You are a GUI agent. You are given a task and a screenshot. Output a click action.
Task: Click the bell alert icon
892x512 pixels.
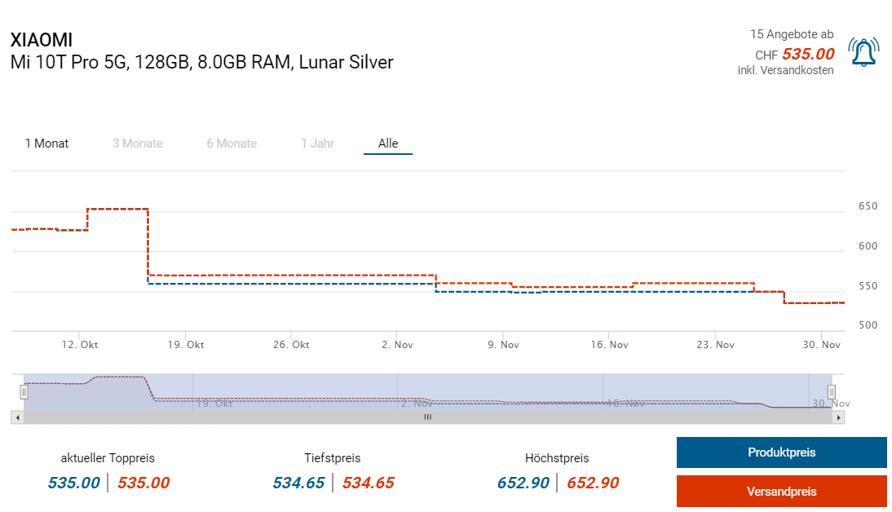pos(863,52)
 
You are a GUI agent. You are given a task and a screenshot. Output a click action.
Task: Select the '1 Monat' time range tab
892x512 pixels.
pos(46,143)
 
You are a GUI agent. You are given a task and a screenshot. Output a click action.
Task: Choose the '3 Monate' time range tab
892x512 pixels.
pos(137,143)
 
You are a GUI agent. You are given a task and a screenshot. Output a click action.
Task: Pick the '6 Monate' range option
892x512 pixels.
pos(232,143)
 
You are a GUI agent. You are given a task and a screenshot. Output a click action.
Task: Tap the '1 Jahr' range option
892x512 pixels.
pos(317,143)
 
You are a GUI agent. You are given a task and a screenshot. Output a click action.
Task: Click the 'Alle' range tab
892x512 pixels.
pos(388,143)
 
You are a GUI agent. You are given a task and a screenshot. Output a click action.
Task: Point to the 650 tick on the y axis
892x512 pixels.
pos(868,206)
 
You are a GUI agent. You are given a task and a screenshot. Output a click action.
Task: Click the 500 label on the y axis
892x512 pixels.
pos(868,325)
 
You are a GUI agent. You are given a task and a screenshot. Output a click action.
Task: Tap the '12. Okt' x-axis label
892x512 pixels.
pos(80,345)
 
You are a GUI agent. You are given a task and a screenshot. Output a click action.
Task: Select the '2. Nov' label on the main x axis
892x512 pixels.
pos(397,345)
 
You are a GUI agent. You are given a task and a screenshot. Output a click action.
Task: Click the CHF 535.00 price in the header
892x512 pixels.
pos(807,55)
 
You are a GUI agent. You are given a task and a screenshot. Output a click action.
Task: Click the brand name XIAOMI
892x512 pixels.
pos(42,40)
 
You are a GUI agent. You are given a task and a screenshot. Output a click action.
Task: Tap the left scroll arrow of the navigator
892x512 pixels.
pos(16,417)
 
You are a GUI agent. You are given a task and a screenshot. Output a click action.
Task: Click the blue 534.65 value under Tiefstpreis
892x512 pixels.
pos(298,483)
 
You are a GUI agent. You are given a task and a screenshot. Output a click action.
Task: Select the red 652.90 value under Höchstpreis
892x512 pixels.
pos(593,483)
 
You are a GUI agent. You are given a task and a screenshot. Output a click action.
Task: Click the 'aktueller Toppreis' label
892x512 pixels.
pos(108,458)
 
